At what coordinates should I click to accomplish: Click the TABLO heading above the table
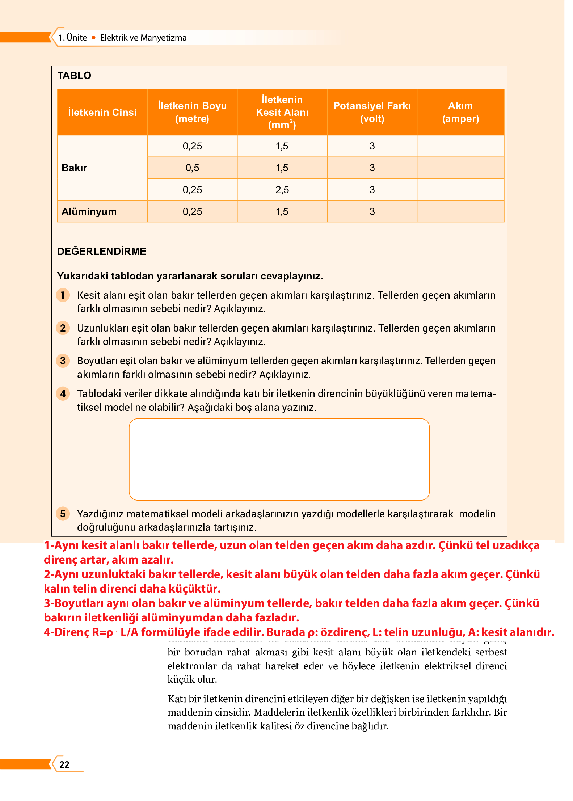pos(74,75)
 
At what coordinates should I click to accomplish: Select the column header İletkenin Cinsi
pos(102,112)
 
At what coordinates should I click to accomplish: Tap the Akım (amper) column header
pos(460,112)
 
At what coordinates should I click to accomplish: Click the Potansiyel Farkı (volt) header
pos(372,112)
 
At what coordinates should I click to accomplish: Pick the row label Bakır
pos(75,168)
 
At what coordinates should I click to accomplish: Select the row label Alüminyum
pos(89,211)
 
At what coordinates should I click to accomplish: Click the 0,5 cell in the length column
pos(192,168)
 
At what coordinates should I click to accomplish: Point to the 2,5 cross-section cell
pos(282,190)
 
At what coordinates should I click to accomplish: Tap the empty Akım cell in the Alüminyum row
pos(460,211)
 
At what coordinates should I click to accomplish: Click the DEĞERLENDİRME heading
pos(102,251)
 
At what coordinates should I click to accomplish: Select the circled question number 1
pos(63,295)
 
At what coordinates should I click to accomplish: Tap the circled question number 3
pos(63,361)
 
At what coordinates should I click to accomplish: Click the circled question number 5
pos(63,513)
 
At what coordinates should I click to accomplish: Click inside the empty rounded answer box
pos(279,459)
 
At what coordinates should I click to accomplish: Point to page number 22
pos(64,764)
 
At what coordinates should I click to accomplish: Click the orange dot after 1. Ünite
pos(93,38)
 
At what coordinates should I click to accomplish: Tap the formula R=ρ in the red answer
pos(102,632)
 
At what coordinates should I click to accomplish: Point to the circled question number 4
pos(63,393)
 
